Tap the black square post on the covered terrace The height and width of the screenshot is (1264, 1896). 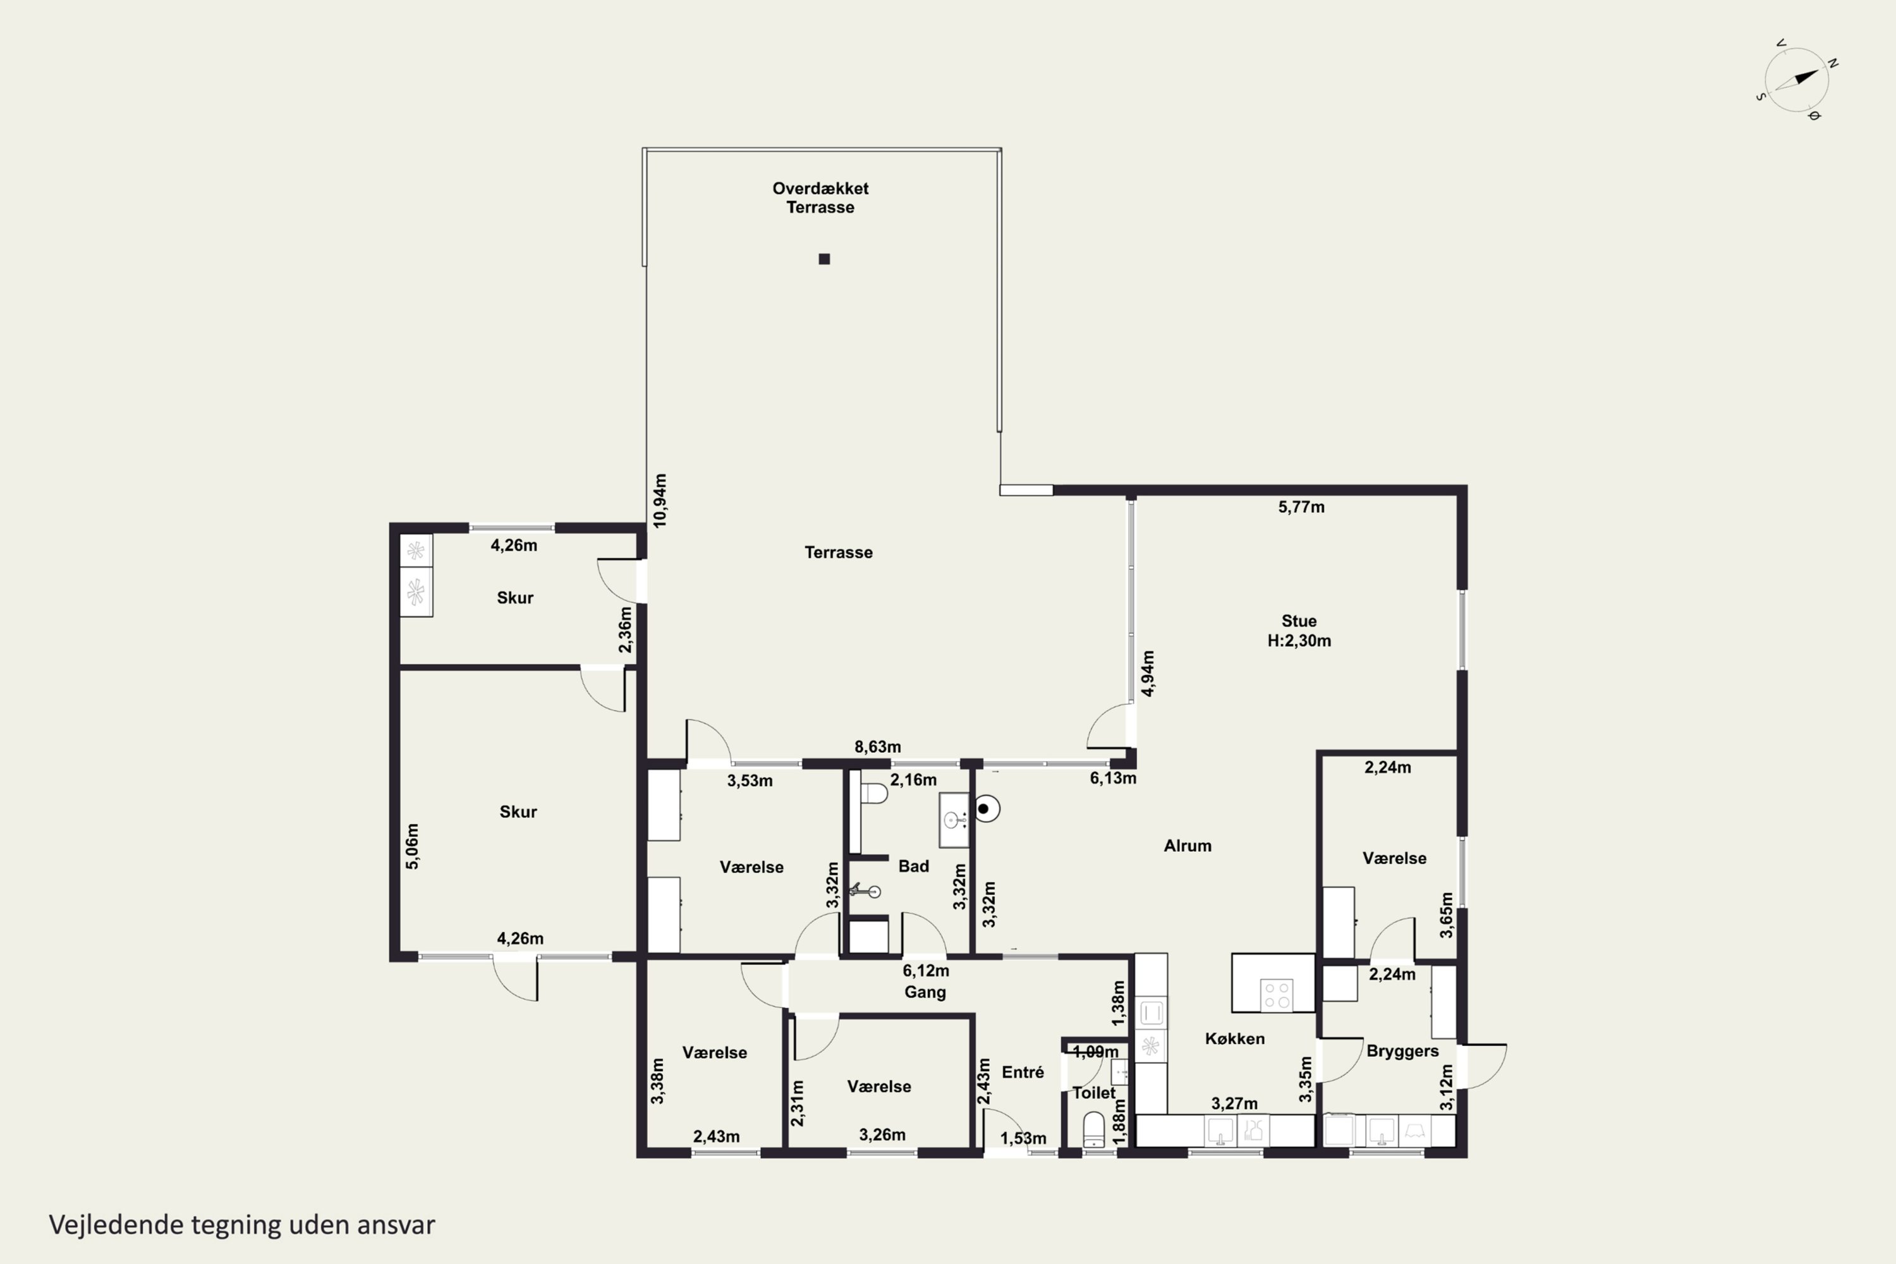pyautogui.click(x=824, y=258)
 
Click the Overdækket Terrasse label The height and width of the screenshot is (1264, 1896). pyautogui.click(x=820, y=197)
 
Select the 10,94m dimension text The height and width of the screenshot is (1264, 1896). pyautogui.click(x=659, y=501)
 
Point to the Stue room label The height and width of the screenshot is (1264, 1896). pyautogui.click(x=1299, y=621)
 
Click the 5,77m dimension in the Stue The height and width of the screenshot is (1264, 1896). pyautogui.click(x=1301, y=507)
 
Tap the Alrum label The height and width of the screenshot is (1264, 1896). pyautogui.click(x=1188, y=846)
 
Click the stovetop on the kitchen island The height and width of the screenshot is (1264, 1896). pyautogui.click(x=1277, y=994)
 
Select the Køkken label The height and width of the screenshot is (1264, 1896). pyautogui.click(x=1235, y=1038)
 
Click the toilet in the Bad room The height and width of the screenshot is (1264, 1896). pyautogui.click(x=873, y=794)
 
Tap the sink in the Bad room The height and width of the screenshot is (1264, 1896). pyautogui.click(x=954, y=820)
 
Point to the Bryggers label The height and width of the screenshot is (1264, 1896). pyautogui.click(x=1402, y=1051)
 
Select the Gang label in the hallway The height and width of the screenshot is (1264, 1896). pyautogui.click(x=925, y=992)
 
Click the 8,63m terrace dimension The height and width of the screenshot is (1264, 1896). pyautogui.click(x=878, y=747)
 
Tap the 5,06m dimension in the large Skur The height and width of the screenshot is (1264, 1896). pyautogui.click(x=412, y=846)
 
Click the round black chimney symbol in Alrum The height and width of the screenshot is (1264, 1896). pyautogui.click(x=985, y=808)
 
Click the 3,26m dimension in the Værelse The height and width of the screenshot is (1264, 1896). pyautogui.click(x=882, y=1135)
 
